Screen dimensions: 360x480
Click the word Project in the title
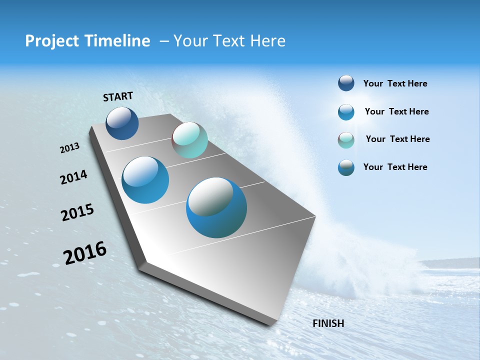[x=50, y=41]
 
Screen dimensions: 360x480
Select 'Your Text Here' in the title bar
[x=229, y=41]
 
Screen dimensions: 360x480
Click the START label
[x=118, y=96]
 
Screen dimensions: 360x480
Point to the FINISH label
[x=328, y=323]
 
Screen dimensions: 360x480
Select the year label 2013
[x=69, y=148]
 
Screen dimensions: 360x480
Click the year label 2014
[x=73, y=177]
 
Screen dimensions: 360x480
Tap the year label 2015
[x=77, y=212]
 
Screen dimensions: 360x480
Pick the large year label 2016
[x=85, y=253]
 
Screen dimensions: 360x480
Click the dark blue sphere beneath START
[x=122, y=123]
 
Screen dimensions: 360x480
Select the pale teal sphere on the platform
[x=189, y=140]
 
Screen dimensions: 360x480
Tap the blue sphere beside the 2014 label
[x=145, y=180]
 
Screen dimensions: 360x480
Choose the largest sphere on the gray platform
[x=216, y=207]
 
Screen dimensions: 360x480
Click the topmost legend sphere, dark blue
[x=346, y=83]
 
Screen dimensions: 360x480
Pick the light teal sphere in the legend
[x=346, y=140]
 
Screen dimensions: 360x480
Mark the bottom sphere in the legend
[x=346, y=167]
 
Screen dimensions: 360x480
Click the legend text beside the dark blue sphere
[x=395, y=84]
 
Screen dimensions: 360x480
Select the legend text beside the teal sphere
[x=397, y=139]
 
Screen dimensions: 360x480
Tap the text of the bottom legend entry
[x=395, y=167]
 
